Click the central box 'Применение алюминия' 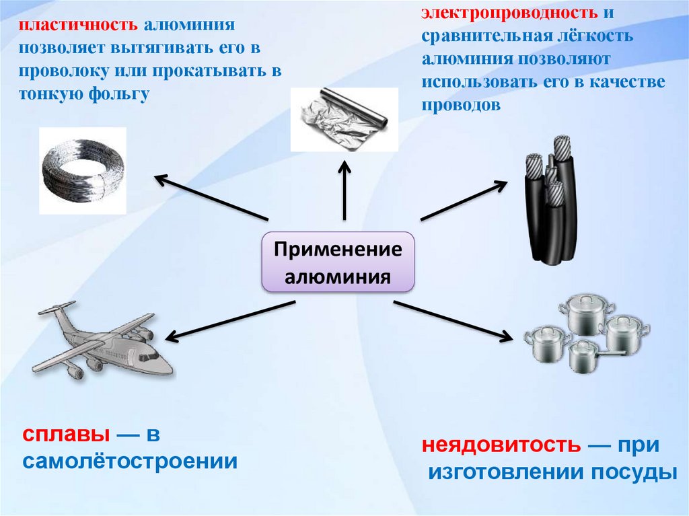338,263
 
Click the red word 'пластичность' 77,26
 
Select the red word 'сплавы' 64,435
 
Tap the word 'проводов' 461,105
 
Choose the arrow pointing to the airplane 229,320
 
